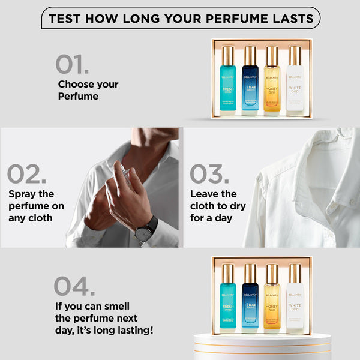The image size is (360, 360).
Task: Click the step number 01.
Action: [72, 64]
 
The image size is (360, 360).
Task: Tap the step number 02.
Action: [27, 174]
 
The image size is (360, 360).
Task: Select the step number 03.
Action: [209, 174]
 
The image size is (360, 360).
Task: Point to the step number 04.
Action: [74, 286]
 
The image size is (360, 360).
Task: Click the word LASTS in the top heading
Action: [290, 18]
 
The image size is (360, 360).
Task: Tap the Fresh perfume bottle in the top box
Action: [228, 81]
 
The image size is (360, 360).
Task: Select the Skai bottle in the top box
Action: [250, 81]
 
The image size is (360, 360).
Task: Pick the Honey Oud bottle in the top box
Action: [272, 81]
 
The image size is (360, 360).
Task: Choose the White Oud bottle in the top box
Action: [295, 81]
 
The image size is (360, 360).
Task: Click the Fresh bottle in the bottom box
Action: [228, 297]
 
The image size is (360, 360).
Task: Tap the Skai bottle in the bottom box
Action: [250, 297]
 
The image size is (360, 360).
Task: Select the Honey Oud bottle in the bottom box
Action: [272, 297]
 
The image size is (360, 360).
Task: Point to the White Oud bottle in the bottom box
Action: [295, 297]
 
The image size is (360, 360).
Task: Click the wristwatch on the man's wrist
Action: [146, 230]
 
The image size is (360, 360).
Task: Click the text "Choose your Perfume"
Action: [88, 90]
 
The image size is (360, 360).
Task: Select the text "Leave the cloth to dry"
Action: [217, 206]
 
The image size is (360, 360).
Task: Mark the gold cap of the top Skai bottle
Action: [250, 55]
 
